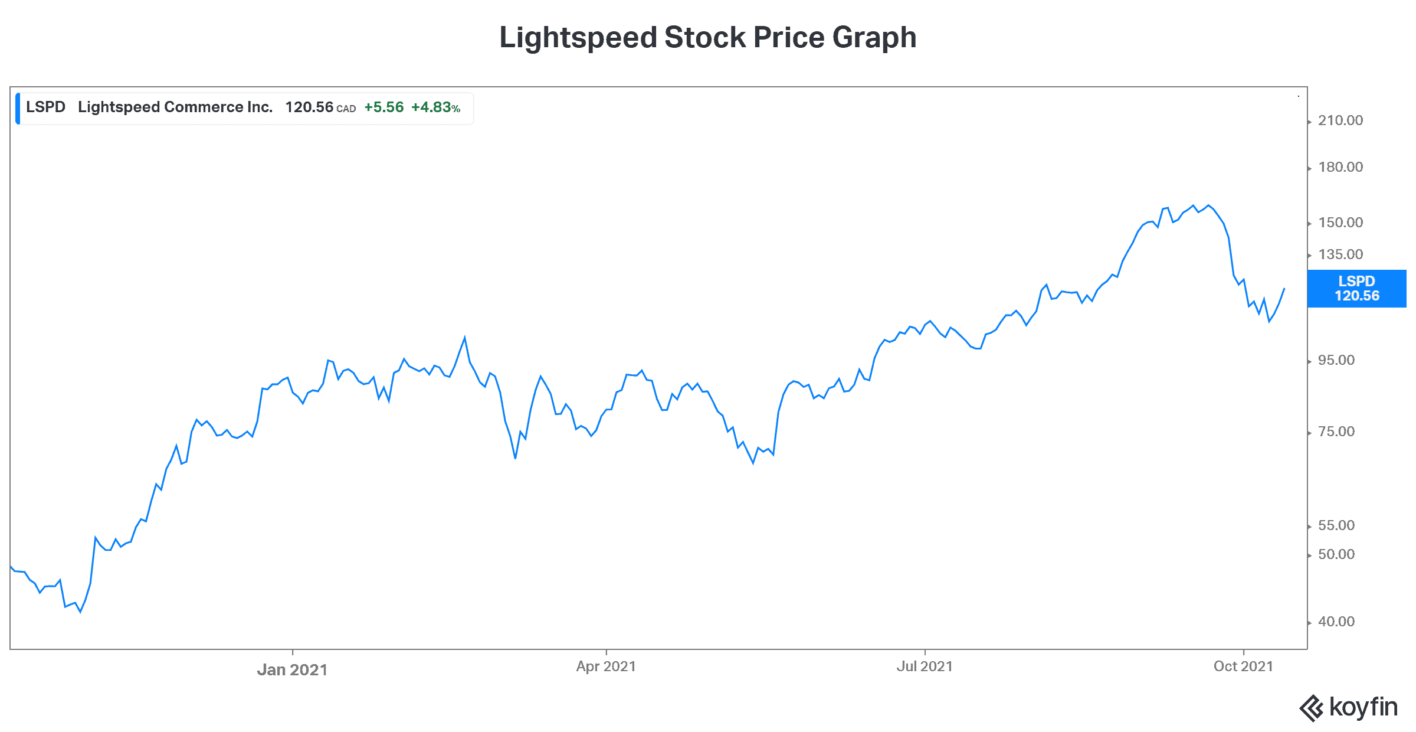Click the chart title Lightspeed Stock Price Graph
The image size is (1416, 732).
click(707, 38)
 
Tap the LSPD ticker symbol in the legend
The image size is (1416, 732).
click(45, 107)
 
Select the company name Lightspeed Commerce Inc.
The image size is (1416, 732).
click(175, 107)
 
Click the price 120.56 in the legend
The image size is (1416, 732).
click(309, 107)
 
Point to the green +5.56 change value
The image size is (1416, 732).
click(384, 107)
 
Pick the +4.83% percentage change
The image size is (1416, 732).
click(435, 107)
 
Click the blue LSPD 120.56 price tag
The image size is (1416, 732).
click(1356, 289)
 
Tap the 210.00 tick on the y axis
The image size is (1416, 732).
click(1340, 120)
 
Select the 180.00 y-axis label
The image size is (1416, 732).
click(1340, 167)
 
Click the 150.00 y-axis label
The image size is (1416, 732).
click(1340, 223)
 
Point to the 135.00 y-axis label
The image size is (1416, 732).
click(1340, 254)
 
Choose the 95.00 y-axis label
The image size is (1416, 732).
click(1336, 360)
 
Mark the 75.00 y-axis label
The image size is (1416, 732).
click(1336, 432)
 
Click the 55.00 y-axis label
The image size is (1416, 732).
click(1336, 525)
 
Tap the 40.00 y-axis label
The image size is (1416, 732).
click(1336, 622)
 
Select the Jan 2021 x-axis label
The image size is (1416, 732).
click(292, 669)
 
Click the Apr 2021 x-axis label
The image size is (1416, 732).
click(606, 666)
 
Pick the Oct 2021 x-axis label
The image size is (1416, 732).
click(1243, 666)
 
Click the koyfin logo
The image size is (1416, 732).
click(1349, 707)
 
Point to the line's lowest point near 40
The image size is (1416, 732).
click(80, 612)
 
